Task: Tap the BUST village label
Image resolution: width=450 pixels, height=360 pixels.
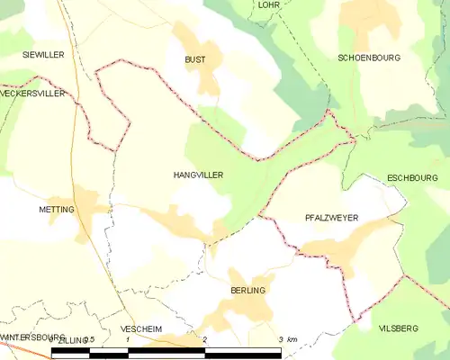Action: pyautogui.click(x=194, y=59)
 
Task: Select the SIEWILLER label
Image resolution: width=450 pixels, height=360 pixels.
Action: pyautogui.click(x=44, y=55)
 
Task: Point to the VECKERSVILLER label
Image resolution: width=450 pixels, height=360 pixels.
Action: pyautogui.click(x=33, y=94)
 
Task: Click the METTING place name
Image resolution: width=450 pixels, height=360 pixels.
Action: pyautogui.click(x=56, y=209)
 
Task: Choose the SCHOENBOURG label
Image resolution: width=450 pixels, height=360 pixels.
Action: pyautogui.click(x=369, y=58)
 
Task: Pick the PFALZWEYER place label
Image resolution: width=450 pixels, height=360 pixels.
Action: pyautogui.click(x=331, y=218)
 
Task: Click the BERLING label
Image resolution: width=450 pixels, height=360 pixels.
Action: pyautogui.click(x=247, y=291)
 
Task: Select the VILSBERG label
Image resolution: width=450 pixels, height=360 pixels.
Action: pyautogui.click(x=399, y=329)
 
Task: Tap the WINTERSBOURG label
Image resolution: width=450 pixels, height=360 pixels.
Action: pyautogui.click(x=27, y=337)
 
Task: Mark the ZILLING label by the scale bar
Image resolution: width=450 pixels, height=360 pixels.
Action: pyautogui.click(x=71, y=339)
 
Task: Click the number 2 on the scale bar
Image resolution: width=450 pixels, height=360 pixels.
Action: pyautogui.click(x=205, y=338)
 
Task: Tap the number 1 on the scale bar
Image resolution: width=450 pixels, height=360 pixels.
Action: pyautogui.click(x=128, y=338)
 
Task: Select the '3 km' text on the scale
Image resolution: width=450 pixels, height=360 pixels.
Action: pyautogui.click(x=287, y=338)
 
